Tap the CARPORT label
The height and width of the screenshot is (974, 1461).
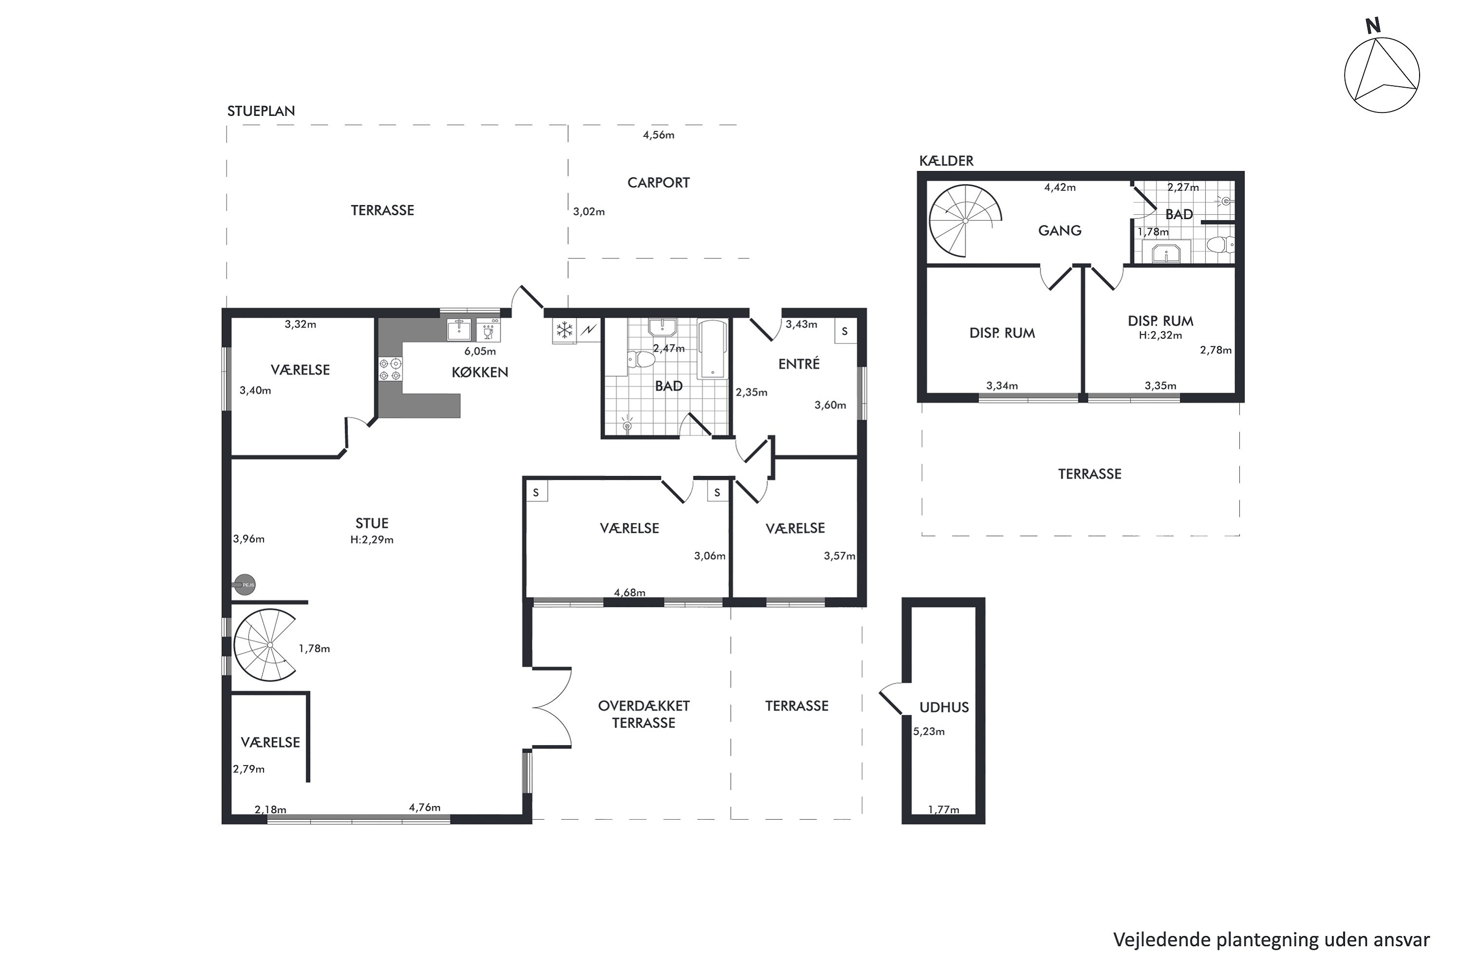click(658, 183)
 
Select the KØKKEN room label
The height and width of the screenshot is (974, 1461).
click(480, 372)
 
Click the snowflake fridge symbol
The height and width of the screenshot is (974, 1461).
click(564, 331)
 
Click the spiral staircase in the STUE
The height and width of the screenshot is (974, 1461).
click(265, 645)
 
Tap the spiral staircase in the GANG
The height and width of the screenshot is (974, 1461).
click(965, 221)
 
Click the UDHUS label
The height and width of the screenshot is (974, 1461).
click(944, 707)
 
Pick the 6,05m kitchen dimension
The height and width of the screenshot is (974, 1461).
click(480, 351)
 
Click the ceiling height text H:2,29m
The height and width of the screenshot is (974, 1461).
click(372, 540)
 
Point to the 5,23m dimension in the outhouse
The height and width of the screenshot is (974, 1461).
click(929, 732)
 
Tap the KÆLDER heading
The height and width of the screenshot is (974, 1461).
click(946, 161)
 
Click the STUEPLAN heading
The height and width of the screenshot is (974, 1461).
click(261, 111)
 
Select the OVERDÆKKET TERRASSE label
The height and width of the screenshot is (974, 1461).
click(643, 714)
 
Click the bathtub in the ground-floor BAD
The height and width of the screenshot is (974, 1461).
click(712, 349)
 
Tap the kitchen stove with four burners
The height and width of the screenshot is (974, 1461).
click(391, 369)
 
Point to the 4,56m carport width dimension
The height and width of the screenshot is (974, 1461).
click(658, 135)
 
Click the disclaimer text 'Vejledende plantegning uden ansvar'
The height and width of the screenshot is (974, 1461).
click(1272, 940)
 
